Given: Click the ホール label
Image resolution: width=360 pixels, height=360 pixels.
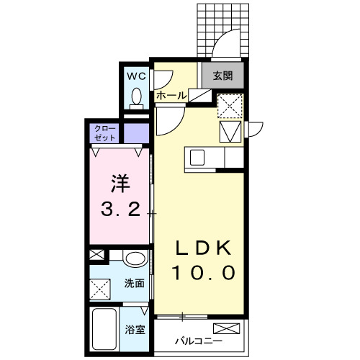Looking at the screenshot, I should click(x=171, y=95).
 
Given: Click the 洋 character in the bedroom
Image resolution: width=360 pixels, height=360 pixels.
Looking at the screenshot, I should click(x=119, y=183).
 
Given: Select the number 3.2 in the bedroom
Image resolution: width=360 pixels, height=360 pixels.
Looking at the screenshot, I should click(x=120, y=211).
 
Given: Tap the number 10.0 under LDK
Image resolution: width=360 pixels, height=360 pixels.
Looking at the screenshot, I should click(x=203, y=274).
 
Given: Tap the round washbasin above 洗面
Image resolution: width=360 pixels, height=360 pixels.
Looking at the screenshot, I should click(x=134, y=259).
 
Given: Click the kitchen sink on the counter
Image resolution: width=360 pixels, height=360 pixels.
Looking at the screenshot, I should click(x=198, y=157).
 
